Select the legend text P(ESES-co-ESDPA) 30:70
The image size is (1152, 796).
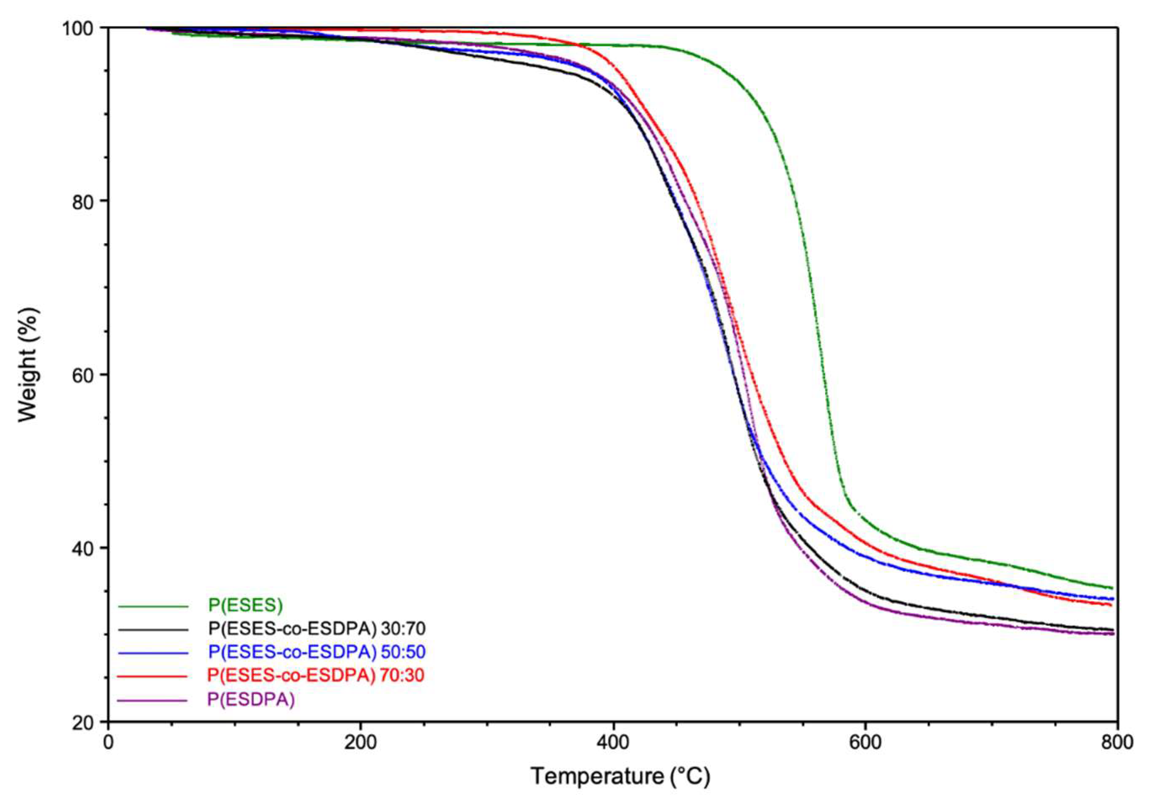click(317, 629)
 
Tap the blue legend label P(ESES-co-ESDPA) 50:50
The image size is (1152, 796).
click(317, 652)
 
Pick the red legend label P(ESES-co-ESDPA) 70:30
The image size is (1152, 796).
click(316, 675)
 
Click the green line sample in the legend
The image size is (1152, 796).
click(153, 606)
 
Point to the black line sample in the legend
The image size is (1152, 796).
click(153, 630)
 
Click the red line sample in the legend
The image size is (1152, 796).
click(153, 676)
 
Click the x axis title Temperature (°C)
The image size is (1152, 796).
click(620, 777)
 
